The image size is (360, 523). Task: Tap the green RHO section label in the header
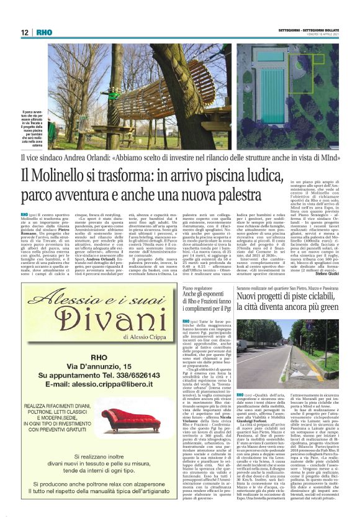[44, 33]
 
